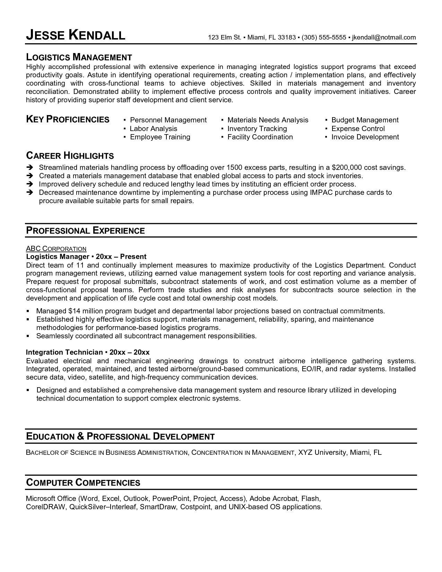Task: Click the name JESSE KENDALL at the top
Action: click(x=76, y=35)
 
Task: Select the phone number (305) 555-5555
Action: click(x=324, y=37)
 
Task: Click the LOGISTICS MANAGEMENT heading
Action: click(x=79, y=57)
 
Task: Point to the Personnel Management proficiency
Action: click(x=168, y=120)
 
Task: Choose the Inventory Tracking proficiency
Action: click(x=257, y=129)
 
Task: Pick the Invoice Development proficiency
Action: click(x=365, y=137)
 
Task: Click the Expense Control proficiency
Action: click(x=358, y=129)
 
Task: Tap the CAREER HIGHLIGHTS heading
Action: click(x=70, y=155)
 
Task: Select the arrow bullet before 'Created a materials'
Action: click(x=29, y=176)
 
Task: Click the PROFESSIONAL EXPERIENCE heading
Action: click(x=85, y=231)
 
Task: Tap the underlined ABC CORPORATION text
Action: click(x=56, y=249)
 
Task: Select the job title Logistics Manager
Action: click(x=58, y=257)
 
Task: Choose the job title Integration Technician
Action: click(x=64, y=352)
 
